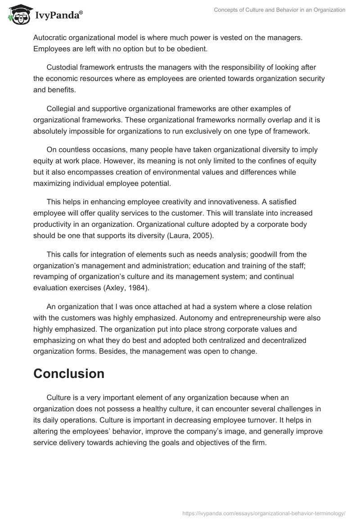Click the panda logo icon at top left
click(18, 15)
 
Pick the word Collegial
click(63, 108)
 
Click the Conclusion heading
click(69, 373)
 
